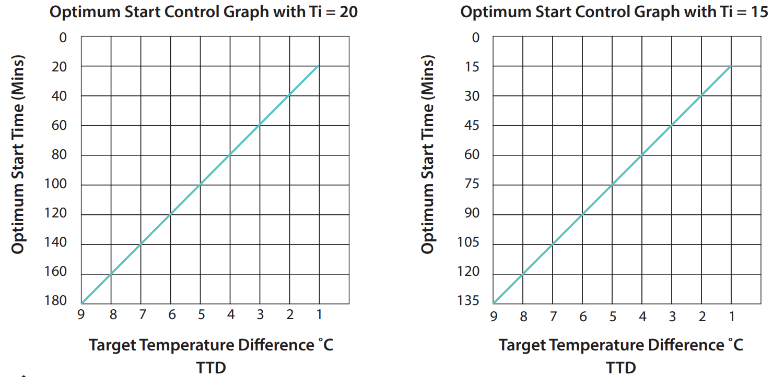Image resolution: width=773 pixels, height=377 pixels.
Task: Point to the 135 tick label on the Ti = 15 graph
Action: [x=469, y=301]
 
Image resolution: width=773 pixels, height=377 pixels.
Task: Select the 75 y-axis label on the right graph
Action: [x=472, y=184]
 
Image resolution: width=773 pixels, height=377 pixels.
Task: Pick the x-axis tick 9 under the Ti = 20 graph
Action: [x=81, y=315]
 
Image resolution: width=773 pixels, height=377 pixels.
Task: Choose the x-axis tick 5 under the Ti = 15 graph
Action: [x=613, y=316]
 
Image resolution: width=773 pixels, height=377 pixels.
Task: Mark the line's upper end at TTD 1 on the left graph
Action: [x=319, y=66]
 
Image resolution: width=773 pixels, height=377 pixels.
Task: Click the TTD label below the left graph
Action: [x=211, y=368]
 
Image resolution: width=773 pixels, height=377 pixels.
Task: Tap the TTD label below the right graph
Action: [x=621, y=368]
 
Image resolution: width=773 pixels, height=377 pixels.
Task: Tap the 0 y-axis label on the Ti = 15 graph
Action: [x=475, y=38]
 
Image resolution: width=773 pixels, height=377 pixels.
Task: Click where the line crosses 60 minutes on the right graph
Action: [x=642, y=155]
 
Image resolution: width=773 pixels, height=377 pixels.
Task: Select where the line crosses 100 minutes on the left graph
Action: [x=201, y=185]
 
